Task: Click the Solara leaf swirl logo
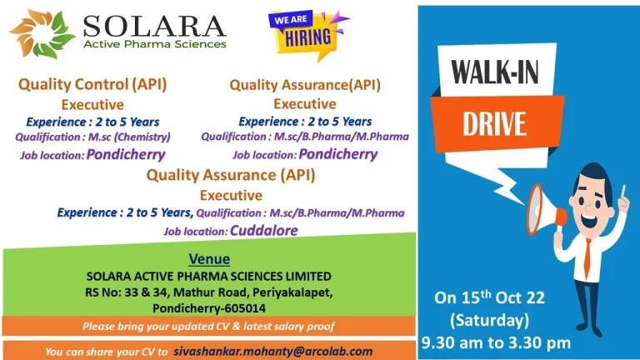[x=42, y=33]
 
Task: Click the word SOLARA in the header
[x=154, y=26]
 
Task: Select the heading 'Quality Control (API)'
[x=92, y=84]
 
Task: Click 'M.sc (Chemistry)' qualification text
[x=129, y=137]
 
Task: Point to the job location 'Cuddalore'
[x=264, y=231]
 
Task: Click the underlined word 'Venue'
[x=209, y=259]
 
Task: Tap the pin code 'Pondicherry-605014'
[x=209, y=307]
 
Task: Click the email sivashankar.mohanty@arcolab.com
[x=273, y=352]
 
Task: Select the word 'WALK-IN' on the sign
[x=495, y=72]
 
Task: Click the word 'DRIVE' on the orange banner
[x=494, y=123]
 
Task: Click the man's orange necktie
[x=587, y=258]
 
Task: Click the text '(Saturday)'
[x=489, y=320]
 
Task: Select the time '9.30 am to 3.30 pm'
[x=496, y=342]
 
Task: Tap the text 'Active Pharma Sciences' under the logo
[x=155, y=44]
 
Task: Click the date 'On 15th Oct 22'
[x=489, y=297]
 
